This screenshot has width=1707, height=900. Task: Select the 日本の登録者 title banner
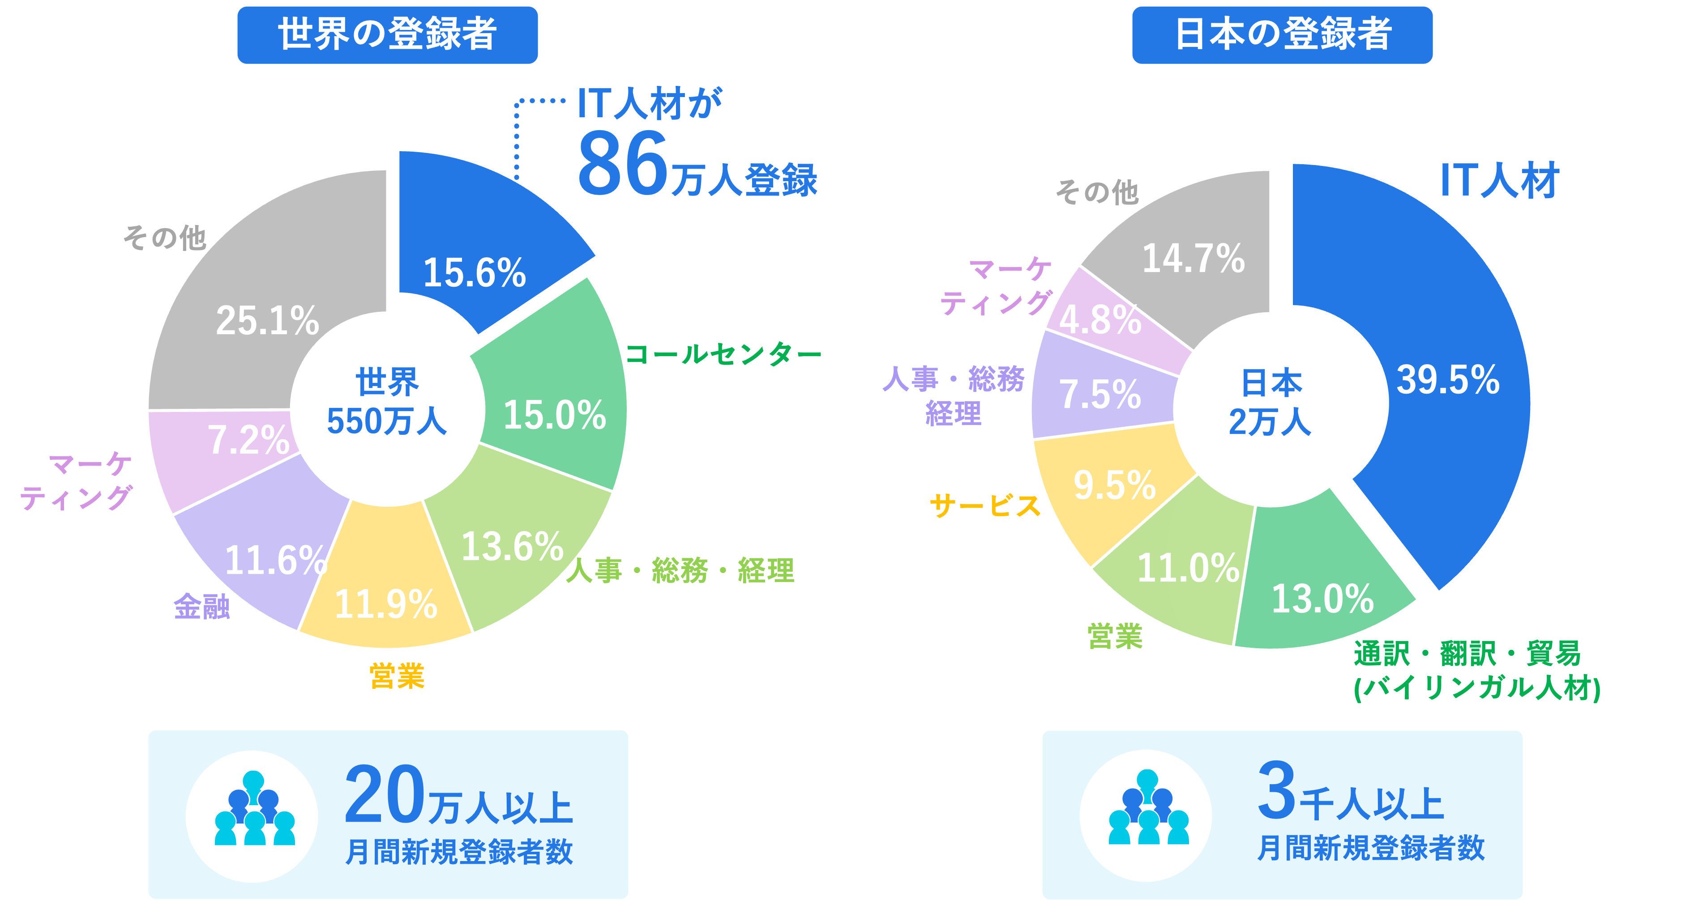(x=1282, y=34)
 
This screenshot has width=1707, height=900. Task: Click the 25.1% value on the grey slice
(x=267, y=321)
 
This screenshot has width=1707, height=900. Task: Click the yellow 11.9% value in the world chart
(x=385, y=604)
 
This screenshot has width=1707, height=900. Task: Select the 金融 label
(x=201, y=606)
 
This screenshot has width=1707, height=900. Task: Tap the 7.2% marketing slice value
(x=248, y=440)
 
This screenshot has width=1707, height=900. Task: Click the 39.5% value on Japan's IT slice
(x=1447, y=380)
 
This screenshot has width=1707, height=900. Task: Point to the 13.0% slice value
(x=1322, y=599)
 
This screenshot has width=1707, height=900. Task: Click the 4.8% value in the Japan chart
(x=1100, y=321)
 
